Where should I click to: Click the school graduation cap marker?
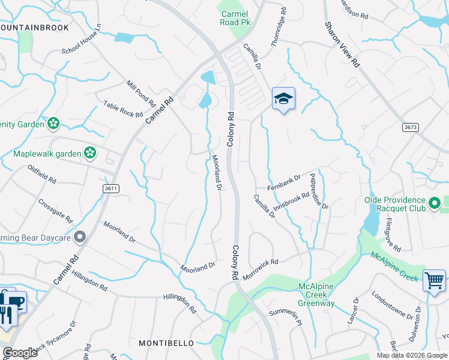[x=283, y=98]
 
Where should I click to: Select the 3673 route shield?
[x=411, y=127]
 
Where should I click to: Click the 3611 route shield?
[x=110, y=188]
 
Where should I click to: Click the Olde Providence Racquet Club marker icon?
[x=436, y=204]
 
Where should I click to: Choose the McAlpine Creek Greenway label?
[x=316, y=295]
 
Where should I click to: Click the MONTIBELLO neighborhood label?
[x=166, y=343]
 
